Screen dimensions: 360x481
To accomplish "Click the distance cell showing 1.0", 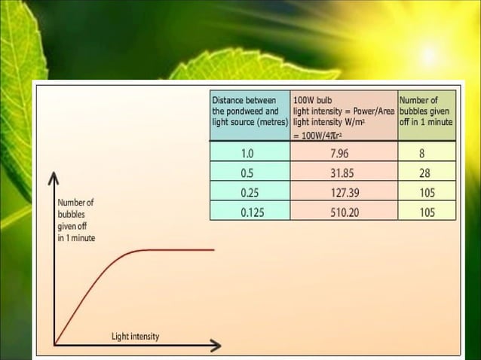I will click(247, 154).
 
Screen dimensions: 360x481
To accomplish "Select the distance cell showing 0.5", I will click(247, 173).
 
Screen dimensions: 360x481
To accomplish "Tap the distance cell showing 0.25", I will click(250, 193).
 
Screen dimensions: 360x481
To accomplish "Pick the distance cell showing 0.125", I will click(252, 212).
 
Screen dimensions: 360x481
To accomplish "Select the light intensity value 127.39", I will click(345, 193).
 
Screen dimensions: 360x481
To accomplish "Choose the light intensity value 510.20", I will click(345, 212).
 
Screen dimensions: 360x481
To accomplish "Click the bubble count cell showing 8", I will click(427, 154).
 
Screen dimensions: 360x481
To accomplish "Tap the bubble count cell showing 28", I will click(427, 173).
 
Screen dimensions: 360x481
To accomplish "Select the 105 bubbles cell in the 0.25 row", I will click(427, 193).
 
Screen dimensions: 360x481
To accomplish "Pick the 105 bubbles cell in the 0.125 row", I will click(427, 212).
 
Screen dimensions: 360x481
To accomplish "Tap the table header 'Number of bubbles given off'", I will click(426, 111).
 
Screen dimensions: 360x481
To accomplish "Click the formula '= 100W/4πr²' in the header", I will click(320, 135).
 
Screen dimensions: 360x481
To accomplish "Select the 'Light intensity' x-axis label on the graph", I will click(136, 336).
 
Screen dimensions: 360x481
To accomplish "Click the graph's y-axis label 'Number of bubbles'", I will click(75, 221).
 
